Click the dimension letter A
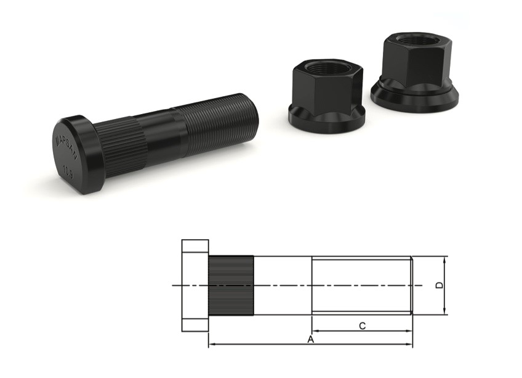coord(311,339)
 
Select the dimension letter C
coord(363,326)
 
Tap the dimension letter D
coord(438,286)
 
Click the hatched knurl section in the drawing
coord(231,286)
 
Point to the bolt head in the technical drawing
coord(195,286)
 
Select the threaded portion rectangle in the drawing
coord(361,286)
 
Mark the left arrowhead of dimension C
coord(315,331)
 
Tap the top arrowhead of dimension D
coord(445,259)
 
